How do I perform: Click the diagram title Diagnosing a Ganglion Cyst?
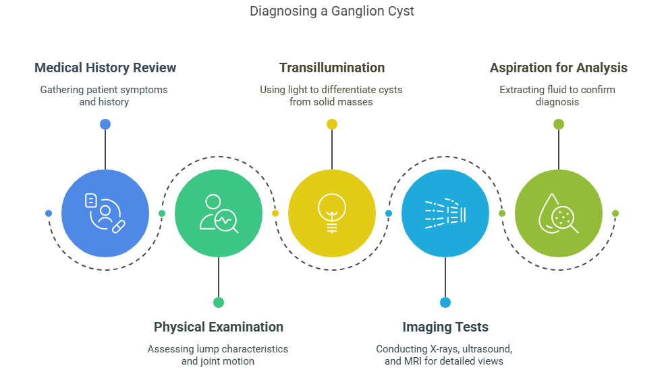point(331,11)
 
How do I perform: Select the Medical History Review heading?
point(105,68)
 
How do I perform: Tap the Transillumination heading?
point(331,68)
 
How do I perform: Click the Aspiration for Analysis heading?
point(558,68)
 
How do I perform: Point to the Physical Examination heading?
point(219,327)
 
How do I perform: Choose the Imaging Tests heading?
point(445,327)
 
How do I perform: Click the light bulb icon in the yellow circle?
point(331,213)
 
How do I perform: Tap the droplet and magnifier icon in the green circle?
point(558,213)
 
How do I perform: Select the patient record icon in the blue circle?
point(105,213)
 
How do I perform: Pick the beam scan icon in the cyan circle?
point(445,213)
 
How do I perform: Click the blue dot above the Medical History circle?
point(105,124)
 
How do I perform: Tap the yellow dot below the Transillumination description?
point(331,124)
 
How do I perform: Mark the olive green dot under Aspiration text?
point(558,124)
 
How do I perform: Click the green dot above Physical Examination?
point(219,302)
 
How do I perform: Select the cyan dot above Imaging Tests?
point(445,302)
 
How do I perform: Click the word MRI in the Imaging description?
point(412,361)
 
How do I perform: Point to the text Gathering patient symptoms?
point(104,89)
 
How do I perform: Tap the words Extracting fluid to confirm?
point(557,89)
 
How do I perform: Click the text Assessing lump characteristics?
point(217,349)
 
